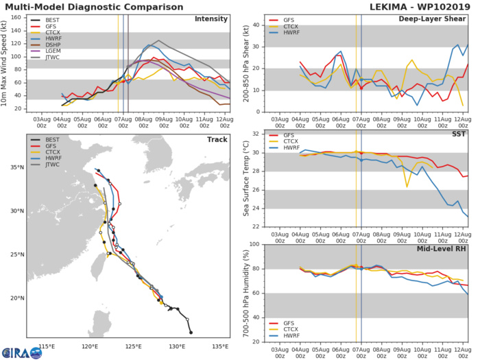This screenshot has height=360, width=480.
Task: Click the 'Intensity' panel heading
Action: (x=211, y=19)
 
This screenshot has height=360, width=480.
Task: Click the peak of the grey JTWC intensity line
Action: (x=159, y=40)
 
